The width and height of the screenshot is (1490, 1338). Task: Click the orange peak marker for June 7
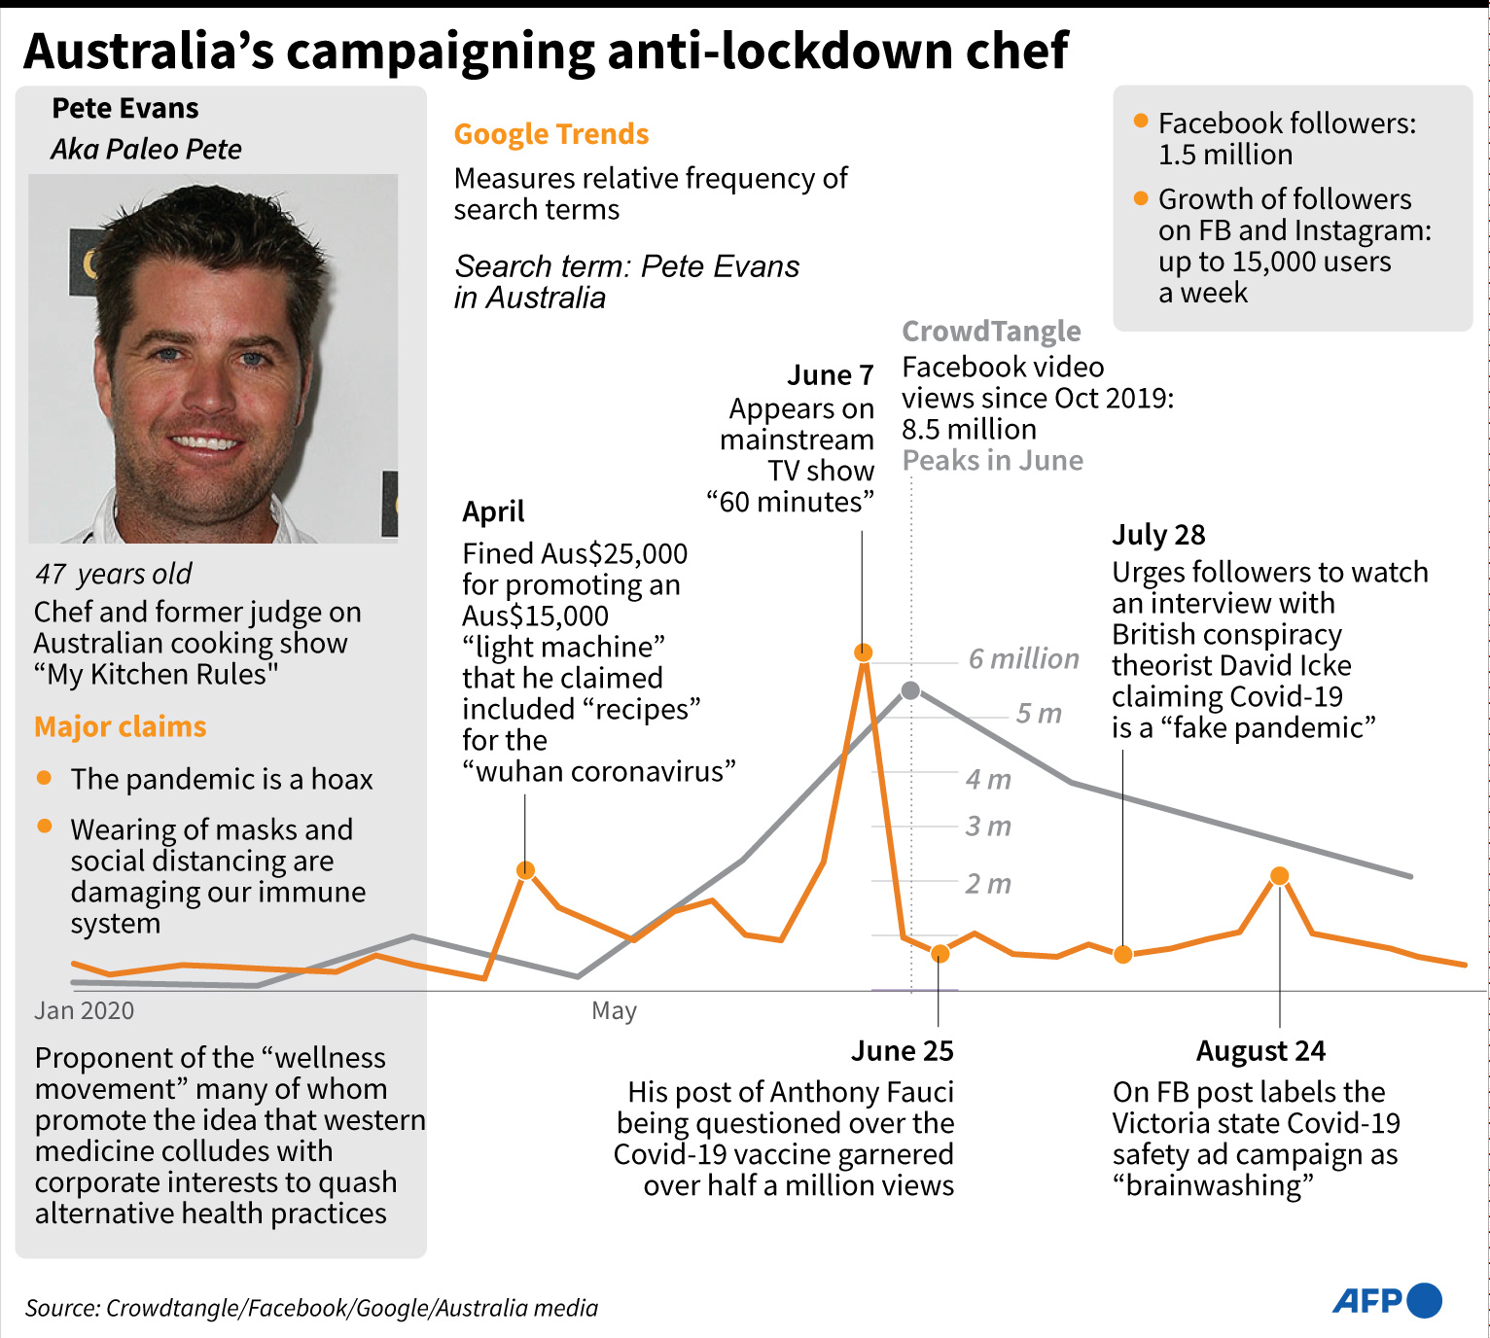863,652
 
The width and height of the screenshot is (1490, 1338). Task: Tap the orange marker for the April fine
525,870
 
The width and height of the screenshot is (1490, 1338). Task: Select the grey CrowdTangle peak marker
910,690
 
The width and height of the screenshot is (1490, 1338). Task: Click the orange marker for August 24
1280,876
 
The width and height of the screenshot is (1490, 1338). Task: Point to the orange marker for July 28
1123,954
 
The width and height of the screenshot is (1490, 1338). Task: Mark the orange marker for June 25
940,954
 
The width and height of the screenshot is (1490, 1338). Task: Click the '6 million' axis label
1023,659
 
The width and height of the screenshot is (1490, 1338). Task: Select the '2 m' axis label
988,884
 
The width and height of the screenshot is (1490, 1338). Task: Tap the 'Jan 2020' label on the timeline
85,1011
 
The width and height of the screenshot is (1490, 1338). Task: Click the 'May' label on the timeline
614,1011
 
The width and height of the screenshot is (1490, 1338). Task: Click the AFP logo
1386,1300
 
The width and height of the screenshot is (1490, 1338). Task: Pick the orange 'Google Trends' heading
551,134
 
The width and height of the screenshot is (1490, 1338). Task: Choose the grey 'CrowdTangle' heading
991,332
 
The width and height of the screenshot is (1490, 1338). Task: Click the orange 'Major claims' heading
121,727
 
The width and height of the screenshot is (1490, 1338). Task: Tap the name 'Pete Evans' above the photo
125,108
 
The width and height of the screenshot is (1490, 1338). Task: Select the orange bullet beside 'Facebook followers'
1141,122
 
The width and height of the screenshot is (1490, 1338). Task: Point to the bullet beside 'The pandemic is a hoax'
44,778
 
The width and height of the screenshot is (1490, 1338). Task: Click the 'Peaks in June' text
992,461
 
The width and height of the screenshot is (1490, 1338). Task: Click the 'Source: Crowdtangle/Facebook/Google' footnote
311,1308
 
